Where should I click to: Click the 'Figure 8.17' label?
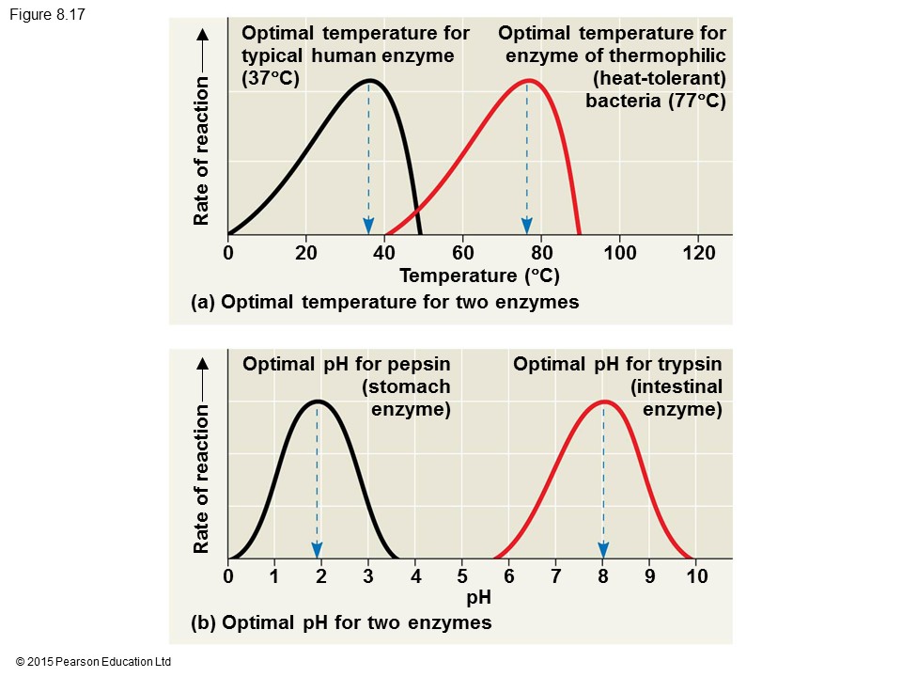pos(48,14)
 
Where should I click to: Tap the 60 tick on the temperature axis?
pos(462,253)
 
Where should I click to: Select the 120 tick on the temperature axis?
pos(698,253)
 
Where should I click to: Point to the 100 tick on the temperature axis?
pos(620,253)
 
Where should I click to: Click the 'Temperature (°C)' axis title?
pos(479,276)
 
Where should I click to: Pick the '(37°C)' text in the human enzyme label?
pos(271,78)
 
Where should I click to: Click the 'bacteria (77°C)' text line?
pos(656,101)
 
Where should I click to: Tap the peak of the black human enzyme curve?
pos(370,80)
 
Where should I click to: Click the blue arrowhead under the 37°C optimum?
pos(368,226)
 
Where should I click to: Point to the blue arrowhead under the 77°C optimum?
pos(527,226)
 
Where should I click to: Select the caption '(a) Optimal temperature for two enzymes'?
pos(384,303)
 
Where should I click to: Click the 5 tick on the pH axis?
pos(462,576)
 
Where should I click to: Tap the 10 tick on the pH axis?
pos(696,576)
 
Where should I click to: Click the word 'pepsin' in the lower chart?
pos(418,364)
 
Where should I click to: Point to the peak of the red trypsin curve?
pos(603,401)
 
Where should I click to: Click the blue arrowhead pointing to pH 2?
pos(318,549)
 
